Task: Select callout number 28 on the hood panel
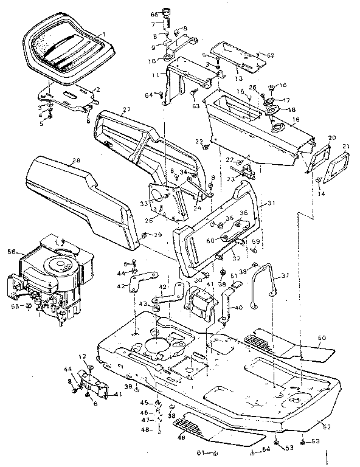coord(75,161)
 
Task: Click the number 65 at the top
coord(154,13)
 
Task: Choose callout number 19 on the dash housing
coord(296,121)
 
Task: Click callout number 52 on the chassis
coord(327,426)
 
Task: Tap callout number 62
coord(271,55)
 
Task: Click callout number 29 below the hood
coord(157,235)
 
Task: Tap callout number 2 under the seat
coord(97,89)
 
